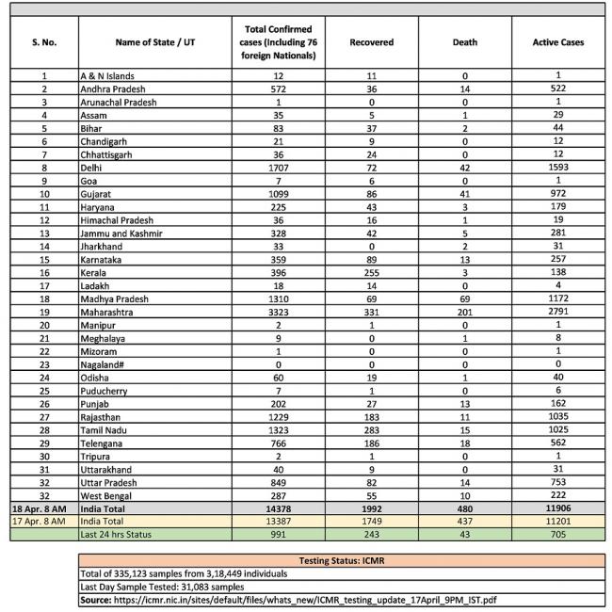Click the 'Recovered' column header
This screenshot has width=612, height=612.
[371, 42]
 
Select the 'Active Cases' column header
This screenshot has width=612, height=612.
[558, 42]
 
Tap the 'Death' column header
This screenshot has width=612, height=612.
[464, 42]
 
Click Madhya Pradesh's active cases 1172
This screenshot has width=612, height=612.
[558, 298]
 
